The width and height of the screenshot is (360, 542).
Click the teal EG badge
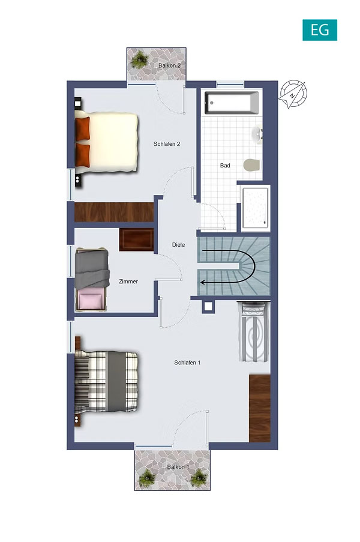[x=320, y=30]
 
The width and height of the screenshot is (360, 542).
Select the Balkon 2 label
[x=170, y=65]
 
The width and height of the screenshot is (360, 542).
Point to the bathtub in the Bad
[x=232, y=103]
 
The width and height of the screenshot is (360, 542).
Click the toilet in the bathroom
[x=251, y=165]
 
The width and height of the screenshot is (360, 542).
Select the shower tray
[x=256, y=208]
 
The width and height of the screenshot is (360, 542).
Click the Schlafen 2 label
[x=167, y=144]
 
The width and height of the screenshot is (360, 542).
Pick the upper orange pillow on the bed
[x=83, y=128]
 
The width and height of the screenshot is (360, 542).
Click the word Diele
[x=178, y=245]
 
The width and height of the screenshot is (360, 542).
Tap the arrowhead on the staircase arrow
[x=203, y=282]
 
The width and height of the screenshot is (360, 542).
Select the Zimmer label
[x=128, y=282]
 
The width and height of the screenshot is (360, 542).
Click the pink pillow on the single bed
[x=90, y=299]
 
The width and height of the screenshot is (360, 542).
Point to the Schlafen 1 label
[x=187, y=363]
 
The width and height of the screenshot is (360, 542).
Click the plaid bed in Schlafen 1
[x=107, y=381]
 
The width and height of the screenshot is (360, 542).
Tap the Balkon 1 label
[x=178, y=467]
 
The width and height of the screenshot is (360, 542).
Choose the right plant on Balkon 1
[x=199, y=478]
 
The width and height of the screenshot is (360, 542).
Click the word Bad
[x=225, y=166]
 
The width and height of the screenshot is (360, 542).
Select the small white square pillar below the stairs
[x=208, y=307]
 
